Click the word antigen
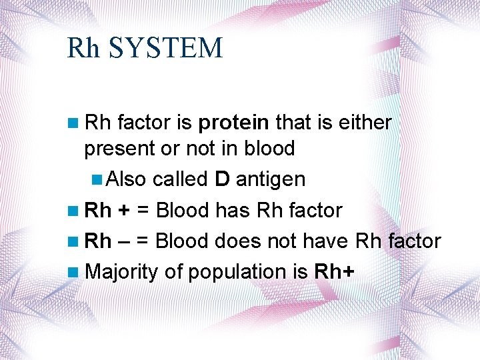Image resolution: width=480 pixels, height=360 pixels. (x=271, y=179)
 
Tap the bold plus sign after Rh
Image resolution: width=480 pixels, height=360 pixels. (x=125, y=211)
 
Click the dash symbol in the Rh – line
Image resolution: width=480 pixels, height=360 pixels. (x=125, y=241)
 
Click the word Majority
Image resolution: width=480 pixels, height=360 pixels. (x=121, y=272)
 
